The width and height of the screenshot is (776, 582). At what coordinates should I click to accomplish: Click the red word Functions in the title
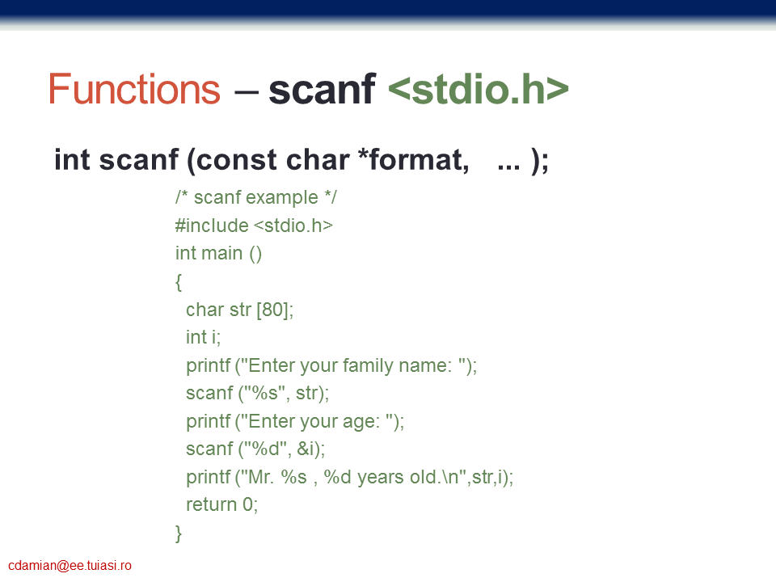(x=134, y=89)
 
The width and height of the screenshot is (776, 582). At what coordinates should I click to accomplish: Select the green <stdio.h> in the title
(x=478, y=89)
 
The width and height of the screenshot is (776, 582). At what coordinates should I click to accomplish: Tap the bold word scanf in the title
(x=323, y=89)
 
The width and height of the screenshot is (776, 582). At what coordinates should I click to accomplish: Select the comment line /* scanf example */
(x=256, y=197)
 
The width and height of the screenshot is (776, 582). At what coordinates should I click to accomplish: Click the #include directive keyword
(x=212, y=226)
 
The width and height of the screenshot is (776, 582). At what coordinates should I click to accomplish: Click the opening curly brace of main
(x=179, y=282)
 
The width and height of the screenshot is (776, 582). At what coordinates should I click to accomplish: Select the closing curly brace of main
(x=179, y=533)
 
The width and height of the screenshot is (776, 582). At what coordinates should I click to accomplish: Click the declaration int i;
(x=204, y=338)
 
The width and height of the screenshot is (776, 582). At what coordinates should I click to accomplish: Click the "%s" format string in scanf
(x=266, y=393)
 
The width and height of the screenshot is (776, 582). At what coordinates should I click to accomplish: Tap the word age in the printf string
(x=358, y=422)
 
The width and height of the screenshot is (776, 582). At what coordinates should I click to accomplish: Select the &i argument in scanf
(x=306, y=449)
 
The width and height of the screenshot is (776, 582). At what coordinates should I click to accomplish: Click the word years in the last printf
(x=381, y=478)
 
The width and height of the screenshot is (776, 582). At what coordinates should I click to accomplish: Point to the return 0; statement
(x=222, y=504)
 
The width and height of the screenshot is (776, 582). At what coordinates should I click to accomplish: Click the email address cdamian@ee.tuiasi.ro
(x=70, y=566)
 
